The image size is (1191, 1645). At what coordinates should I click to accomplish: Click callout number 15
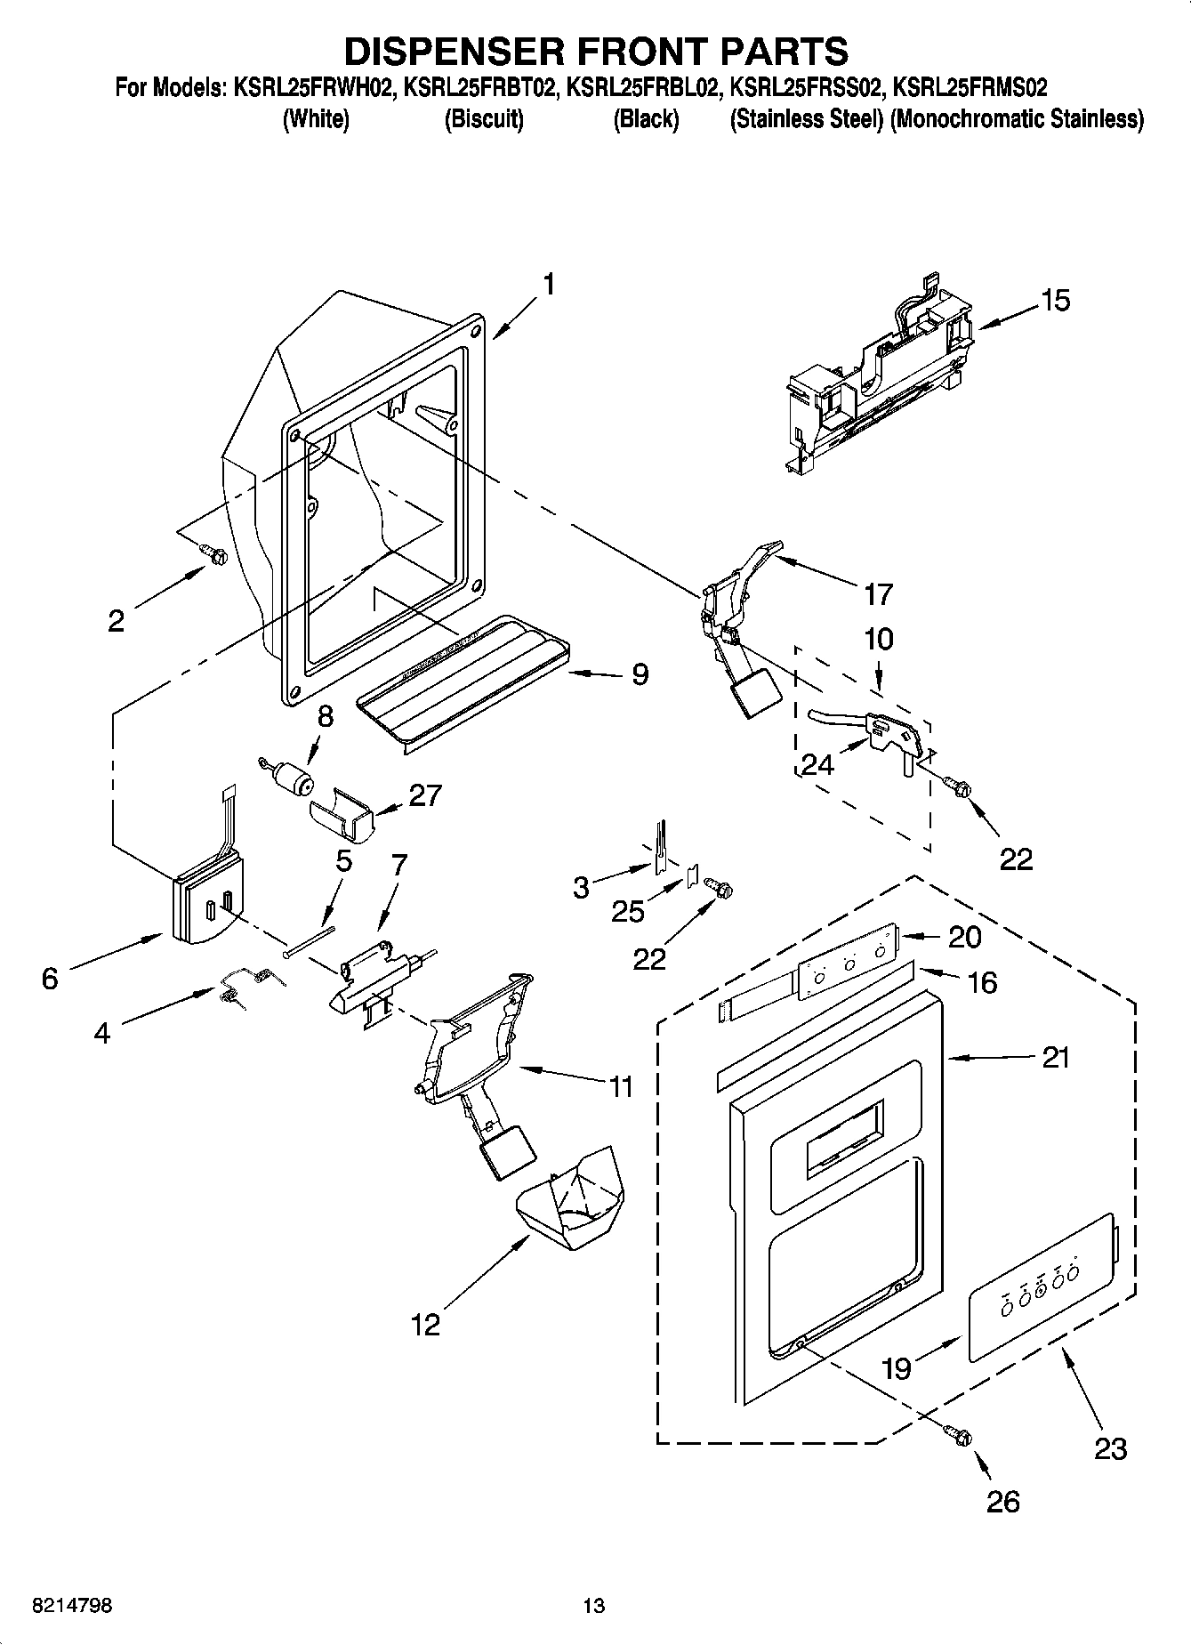pyautogui.click(x=1055, y=301)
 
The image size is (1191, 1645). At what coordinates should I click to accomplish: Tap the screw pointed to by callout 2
pyautogui.click(x=213, y=554)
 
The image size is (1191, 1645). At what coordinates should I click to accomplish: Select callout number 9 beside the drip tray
pyautogui.click(x=640, y=673)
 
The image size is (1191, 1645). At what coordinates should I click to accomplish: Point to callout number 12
pyautogui.click(x=425, y=1324)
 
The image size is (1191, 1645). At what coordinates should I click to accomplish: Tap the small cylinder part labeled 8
pyautogui.click(x=292, y=781)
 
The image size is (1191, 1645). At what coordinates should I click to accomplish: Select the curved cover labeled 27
pyautogui.click(x=342, y=813)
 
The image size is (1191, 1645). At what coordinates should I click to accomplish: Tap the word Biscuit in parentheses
pyautogui.click(x=484, y=119)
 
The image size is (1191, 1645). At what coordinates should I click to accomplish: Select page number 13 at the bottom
pyautogui.click(x=594, y=1606)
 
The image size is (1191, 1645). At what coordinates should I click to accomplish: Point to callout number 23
pyautogui.click(x=1110, y=1448)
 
